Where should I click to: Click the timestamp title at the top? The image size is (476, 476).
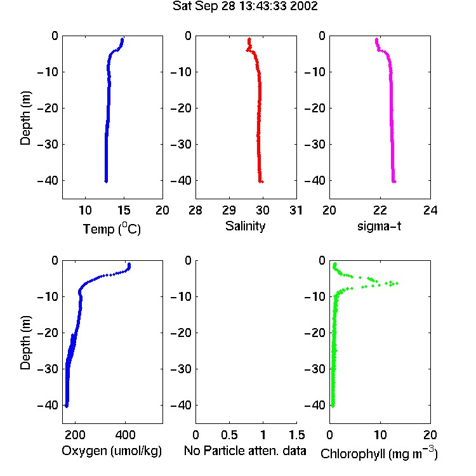coord(245,6)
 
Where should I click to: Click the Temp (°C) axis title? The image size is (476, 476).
coord(112,228)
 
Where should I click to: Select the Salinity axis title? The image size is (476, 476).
coord(245,226)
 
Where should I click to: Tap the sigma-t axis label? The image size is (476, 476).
coord(379,226)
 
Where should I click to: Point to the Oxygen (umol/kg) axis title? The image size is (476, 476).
coord(112,451)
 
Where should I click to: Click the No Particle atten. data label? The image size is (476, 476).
coord(245,451)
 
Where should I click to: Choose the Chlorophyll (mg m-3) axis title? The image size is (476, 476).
coord(379,453)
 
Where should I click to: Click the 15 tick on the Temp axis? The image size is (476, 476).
coord(124,210)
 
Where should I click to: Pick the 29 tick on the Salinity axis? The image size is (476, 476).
coord(229,210)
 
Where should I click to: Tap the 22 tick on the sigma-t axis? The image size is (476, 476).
coord(380,210)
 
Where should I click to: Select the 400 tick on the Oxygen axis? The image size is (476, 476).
coord(125,435)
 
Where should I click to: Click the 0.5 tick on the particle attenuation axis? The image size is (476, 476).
coord(229,435)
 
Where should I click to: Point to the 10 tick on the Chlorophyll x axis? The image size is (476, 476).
coord(380,435)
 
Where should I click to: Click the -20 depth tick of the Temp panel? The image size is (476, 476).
coord(48,108)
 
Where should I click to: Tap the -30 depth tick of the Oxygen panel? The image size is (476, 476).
coord(48,369)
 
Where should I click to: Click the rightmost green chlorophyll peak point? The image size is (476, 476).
coord(397,283)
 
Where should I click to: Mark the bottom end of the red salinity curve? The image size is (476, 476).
coord(261,182)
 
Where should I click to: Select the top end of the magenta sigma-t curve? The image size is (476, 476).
coord(376,39)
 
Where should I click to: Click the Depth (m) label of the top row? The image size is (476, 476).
coord(25,118)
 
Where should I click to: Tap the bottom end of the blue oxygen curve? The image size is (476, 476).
coord(67,406)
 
